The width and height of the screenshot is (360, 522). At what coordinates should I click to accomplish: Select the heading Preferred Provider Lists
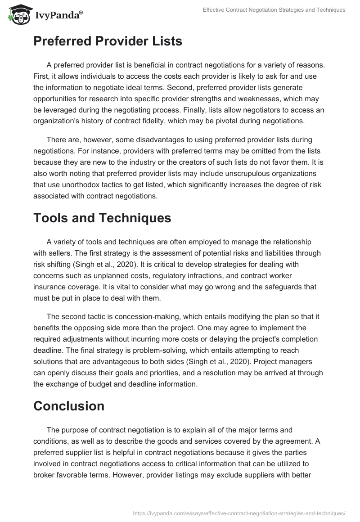[x=108, y=41]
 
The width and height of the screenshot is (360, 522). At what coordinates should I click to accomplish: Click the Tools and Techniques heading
[x=102, y=218]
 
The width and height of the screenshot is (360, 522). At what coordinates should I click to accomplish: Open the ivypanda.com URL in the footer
[x=239, y=513]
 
